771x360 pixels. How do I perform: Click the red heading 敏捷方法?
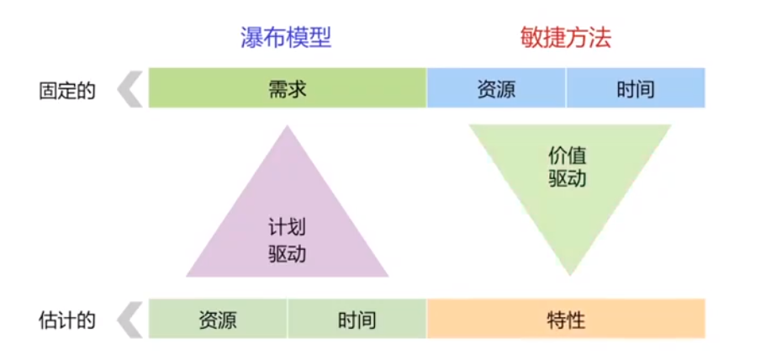pos(565,38)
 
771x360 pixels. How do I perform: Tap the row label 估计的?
pos(67,320)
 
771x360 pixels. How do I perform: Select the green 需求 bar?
pos(288,88)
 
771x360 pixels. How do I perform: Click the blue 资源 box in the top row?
pos(496,88)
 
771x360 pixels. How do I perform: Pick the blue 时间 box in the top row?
pos(636,88)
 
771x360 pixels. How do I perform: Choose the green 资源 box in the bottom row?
pos(218,320)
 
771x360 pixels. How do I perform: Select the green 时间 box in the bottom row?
pos(357,320)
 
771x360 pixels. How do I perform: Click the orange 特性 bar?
pos(566,320)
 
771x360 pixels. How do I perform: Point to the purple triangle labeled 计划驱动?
pos(288,227)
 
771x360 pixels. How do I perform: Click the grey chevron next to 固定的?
pos(129,89)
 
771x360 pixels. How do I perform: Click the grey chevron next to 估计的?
pos(129,320)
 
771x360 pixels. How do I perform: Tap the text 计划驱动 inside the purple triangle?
pos(288,240)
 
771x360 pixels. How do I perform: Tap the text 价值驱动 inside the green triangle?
pos(568,167)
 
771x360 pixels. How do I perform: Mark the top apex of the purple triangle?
pos(288,128)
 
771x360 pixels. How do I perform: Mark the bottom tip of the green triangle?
pos(569,273)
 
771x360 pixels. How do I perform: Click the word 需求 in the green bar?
pos(288,88)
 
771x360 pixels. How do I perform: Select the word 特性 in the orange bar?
pos(566,320)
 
